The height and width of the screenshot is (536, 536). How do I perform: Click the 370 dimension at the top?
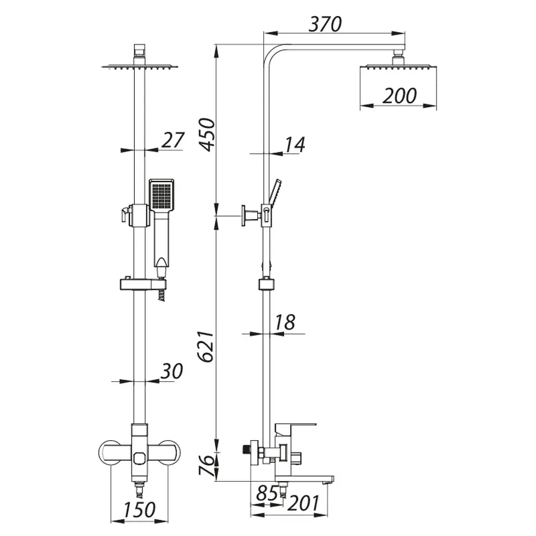tap(325, 24)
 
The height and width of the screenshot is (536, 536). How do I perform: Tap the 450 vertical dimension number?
tap(207, 133)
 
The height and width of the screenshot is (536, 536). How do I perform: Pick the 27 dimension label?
tap(173, 141)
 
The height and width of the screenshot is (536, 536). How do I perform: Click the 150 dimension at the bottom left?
tap(139, 510)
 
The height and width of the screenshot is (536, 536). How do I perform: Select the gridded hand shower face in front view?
tap(161, 194)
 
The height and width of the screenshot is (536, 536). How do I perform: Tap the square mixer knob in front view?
tap(140, 459)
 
